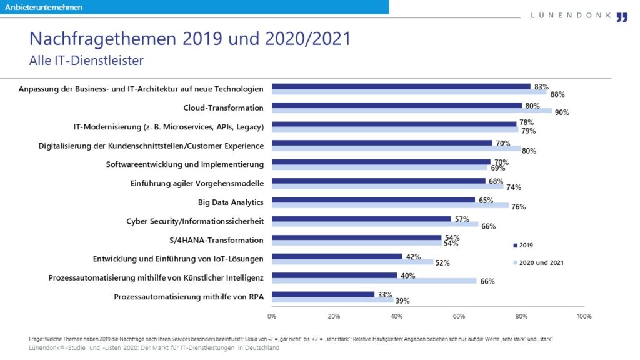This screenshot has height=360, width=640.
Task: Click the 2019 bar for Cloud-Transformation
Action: (x=397, y=106)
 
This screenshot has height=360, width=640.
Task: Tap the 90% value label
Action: (x=562, y=112)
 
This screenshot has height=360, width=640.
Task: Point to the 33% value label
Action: (x=384, y=294)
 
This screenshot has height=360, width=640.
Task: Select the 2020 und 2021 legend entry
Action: (x=537, y=262)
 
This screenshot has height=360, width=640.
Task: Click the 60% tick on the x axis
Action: (x=459, y=316)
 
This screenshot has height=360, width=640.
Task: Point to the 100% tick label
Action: (x=584, y=316)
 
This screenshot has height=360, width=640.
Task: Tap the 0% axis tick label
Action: (x=272, y=316)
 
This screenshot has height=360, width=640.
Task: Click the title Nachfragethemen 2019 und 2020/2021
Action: (x=190, y=39)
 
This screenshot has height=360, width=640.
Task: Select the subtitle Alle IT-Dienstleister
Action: (x=86, y=61)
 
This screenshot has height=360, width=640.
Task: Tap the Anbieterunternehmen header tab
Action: (x=44, y=7)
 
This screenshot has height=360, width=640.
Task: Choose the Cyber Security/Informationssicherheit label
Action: (x=195, y=221)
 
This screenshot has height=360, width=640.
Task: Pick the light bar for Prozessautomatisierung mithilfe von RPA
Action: (x=332, y=300)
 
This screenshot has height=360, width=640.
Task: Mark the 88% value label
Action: (x=557, y=94)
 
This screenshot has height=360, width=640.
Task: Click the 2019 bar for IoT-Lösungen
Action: (x=337, y=256)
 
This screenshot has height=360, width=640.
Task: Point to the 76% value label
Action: (x=518, y=207)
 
